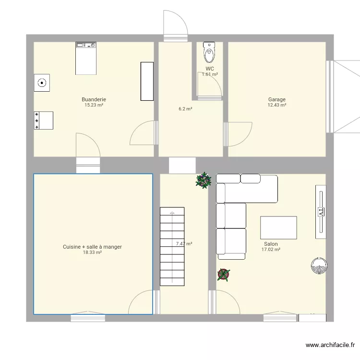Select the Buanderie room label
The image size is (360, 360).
94,99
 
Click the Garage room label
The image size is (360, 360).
276,100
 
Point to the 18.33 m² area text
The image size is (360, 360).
92,252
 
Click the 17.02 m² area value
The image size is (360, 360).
271,250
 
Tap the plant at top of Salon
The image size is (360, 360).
204,180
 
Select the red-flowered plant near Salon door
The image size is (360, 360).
223,274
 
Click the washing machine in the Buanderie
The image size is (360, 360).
86,58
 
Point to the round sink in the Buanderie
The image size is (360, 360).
42,83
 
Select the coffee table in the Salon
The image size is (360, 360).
278,227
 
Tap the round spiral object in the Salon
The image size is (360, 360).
319,265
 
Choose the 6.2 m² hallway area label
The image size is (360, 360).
185,109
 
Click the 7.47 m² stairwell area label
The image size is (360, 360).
184,244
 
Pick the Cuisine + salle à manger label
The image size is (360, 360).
92,247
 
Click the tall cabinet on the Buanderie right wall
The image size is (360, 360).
147,81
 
